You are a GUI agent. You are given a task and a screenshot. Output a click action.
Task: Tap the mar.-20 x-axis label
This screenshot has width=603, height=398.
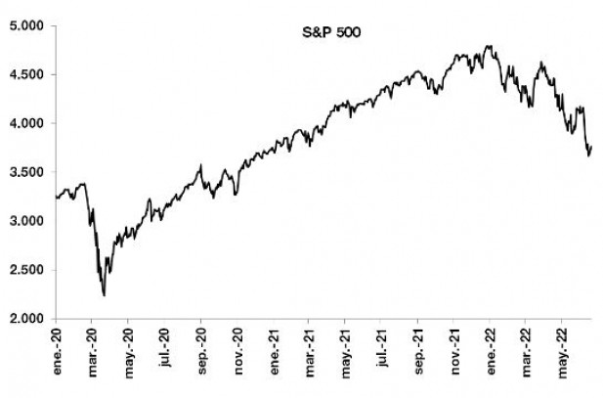click(91, 347)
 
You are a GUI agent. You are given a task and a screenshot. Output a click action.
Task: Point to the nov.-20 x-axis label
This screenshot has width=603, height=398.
click(237, 347)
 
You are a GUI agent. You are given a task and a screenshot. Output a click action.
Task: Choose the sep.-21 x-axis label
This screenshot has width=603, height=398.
click(417, 347)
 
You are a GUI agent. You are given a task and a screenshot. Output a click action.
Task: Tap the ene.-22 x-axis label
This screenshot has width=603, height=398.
click(490, 347)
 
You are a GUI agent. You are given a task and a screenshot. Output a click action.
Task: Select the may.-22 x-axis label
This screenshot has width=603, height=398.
click(562, 347)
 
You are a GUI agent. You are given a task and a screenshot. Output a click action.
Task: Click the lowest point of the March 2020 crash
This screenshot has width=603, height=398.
click(104, 295)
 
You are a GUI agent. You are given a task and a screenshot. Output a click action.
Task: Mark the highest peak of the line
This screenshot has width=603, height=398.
click(489, 45)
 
